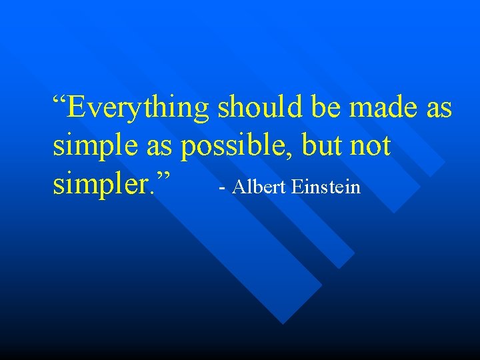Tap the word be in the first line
click(327, 107)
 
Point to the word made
click(385, 107)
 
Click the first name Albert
click(260, 187)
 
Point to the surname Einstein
click(327, 187)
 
